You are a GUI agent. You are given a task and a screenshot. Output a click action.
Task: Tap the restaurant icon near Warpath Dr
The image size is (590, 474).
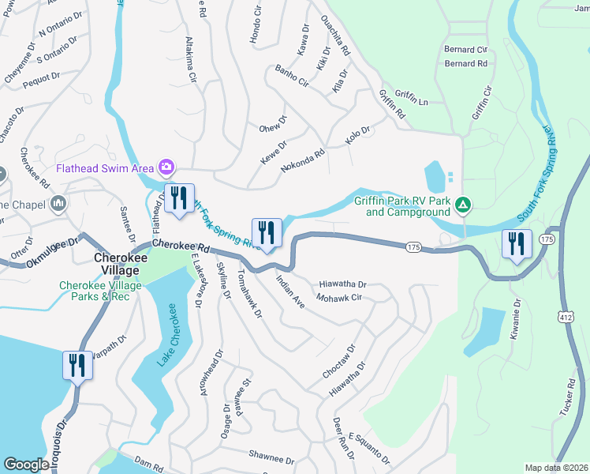click(x=77, y=366)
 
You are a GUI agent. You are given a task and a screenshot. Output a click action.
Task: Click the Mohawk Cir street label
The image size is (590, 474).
click(x=338, y=298)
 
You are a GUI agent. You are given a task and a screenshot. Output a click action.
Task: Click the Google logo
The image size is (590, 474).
click(x=26, y=465)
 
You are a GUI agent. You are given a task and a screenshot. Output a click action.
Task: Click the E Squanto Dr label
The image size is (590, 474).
click(x=368, y=447)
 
